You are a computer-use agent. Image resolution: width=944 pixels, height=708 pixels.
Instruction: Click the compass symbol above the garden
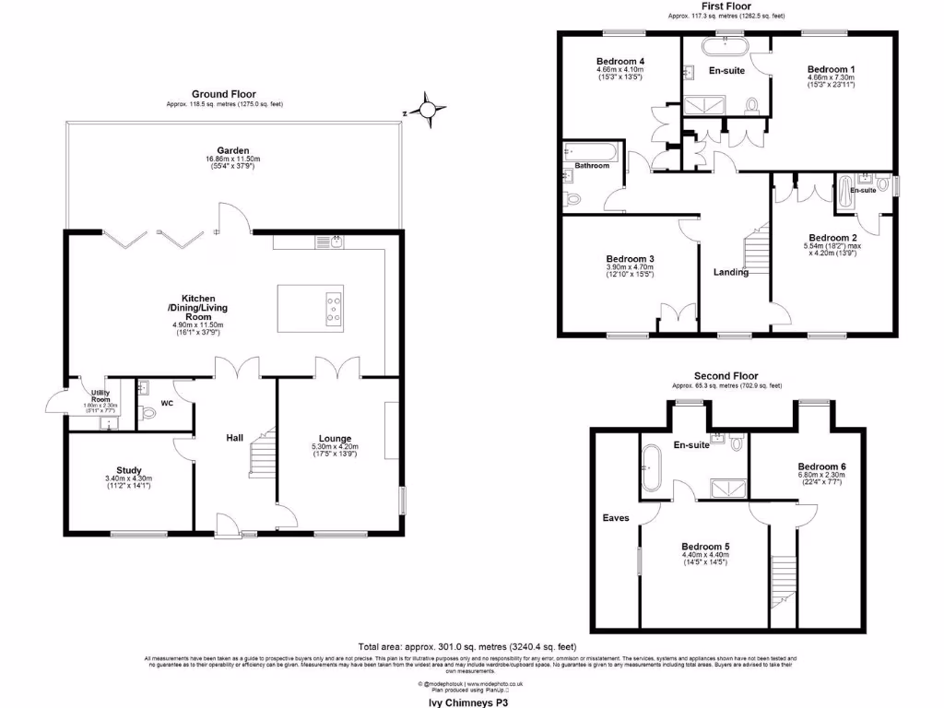428,112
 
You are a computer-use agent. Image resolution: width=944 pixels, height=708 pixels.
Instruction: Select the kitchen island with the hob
310,308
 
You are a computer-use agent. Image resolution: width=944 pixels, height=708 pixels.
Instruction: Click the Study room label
128,468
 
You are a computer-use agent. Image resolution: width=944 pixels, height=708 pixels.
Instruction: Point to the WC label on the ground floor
168,403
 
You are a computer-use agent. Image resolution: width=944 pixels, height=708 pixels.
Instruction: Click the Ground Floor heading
223,94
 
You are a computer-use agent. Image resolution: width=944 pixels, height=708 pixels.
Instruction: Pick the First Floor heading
726,6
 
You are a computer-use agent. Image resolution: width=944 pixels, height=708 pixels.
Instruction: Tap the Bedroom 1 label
831,69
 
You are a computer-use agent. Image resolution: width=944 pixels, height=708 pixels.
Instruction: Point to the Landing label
731,272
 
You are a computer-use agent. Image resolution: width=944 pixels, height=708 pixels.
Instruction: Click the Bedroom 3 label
630,259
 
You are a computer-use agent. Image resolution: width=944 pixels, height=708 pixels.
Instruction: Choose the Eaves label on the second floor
616,518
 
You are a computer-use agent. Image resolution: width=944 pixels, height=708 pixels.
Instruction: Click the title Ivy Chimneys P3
471,701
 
